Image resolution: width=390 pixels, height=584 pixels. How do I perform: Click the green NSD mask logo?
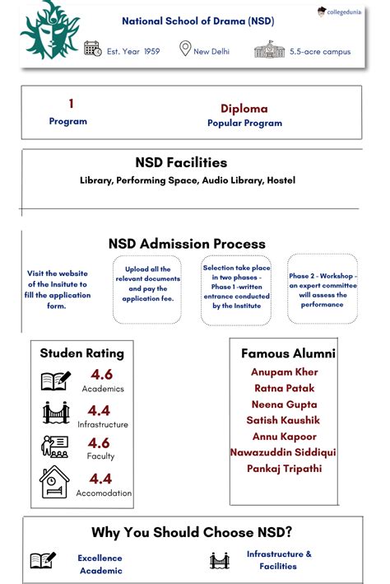[50, 30]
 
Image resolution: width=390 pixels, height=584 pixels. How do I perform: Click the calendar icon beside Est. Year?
[93, 49]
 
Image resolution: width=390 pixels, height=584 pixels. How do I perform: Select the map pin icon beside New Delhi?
[185, 49]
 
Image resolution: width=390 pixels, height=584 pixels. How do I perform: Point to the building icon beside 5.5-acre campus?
[268, 49]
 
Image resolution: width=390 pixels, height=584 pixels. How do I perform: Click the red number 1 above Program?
[71, 104]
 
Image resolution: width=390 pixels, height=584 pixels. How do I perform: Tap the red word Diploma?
[244, 109]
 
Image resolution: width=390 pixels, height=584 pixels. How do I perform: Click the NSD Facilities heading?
[181, 162]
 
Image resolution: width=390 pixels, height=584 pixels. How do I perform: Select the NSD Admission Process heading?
[187, 244]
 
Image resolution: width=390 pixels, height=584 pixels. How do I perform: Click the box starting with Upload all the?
[147, 288]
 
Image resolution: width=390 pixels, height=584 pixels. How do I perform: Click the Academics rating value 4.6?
[100, 375]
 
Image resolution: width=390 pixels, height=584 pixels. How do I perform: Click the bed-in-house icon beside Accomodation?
[55, 482]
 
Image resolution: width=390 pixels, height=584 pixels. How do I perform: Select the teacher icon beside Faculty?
[55, 446]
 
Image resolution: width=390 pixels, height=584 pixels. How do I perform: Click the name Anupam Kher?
[284, 371]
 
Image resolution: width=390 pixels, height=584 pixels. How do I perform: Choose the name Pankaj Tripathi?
[285, 469]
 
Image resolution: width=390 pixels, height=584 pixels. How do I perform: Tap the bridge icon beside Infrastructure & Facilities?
[219, 561]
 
